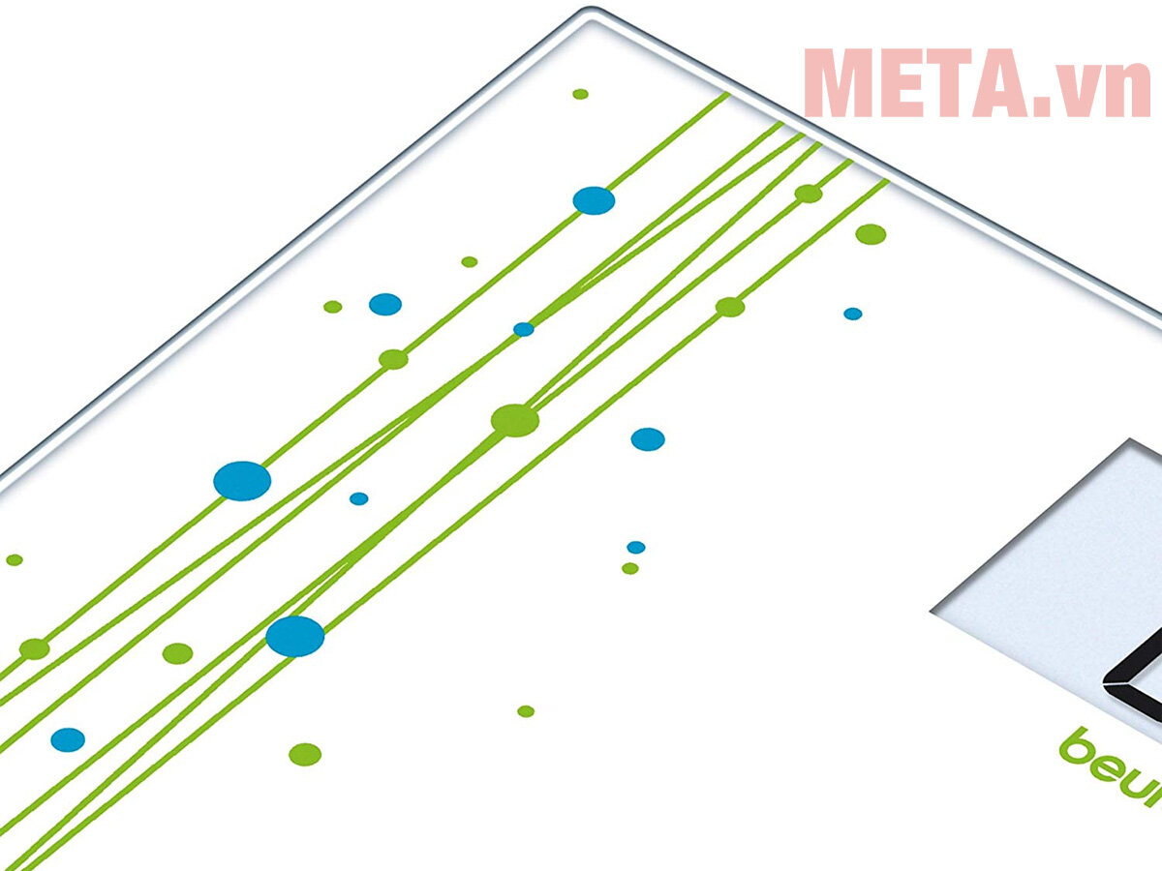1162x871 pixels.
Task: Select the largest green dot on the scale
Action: coord(514,420)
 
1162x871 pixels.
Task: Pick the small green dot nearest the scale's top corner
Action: coord(580,94)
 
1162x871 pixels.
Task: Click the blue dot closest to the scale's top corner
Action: coord(594,200)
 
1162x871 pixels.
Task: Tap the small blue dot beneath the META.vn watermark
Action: coord(852,314)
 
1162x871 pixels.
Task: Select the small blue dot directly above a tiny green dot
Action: coord(635,547)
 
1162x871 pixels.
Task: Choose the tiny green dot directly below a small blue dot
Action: coord(630,568)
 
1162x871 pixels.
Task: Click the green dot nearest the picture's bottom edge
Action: coord(305,754)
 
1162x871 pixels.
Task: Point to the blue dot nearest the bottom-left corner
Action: coord(68,739)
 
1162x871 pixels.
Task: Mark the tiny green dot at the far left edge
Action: coord(14,559)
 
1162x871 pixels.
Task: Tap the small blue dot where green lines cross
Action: coord(523,329)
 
